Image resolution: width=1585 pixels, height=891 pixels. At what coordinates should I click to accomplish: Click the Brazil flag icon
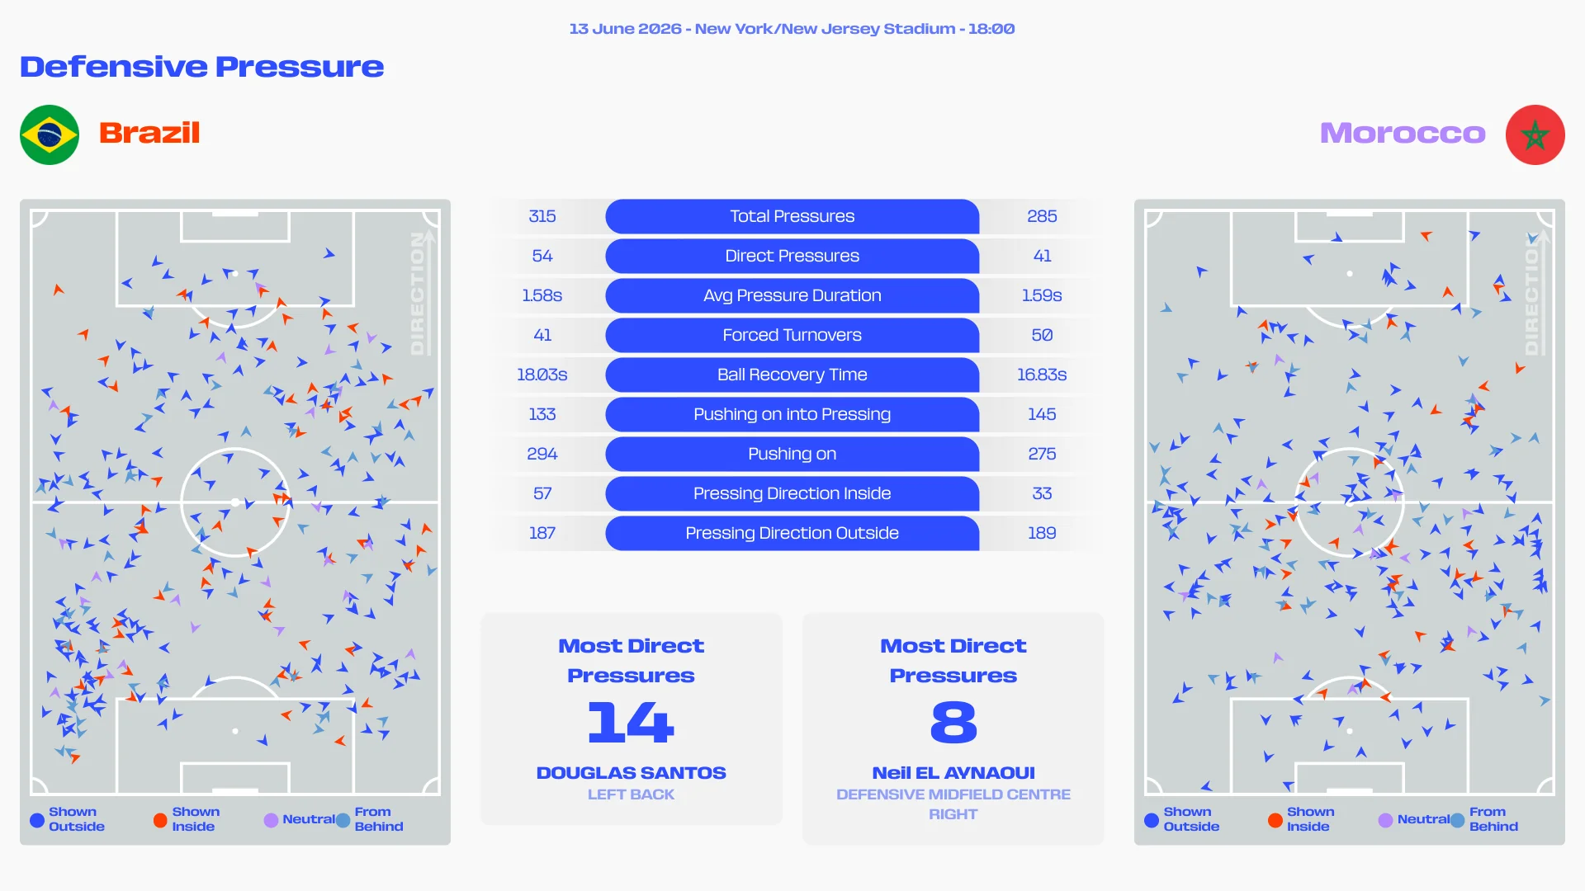(x=50, y=134)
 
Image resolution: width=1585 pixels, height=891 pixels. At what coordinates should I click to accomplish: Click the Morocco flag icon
(x=1535, y=134)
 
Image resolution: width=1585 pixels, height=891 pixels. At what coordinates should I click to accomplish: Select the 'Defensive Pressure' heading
(x=202, y=67)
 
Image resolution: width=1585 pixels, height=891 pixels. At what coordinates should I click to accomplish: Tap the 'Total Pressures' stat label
(x=792, y=216)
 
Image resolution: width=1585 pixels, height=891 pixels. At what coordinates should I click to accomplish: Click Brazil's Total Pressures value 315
(x=542, y=216)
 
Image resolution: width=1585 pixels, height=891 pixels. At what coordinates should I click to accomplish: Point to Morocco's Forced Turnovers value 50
(x=1042, y=335)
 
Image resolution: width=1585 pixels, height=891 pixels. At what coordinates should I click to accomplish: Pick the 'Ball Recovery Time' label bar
(x=792, y=375)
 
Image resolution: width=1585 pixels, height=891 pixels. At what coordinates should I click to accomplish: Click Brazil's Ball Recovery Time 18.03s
(x=542, y=375)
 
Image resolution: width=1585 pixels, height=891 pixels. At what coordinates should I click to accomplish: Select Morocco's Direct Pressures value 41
(x=1042, y=256)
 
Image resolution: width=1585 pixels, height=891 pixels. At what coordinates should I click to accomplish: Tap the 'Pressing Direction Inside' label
(x=792, y=493)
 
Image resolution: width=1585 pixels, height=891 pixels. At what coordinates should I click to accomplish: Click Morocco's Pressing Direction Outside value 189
(x=1042, y=533)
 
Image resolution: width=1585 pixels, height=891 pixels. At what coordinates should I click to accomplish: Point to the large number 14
(x=631, y=722)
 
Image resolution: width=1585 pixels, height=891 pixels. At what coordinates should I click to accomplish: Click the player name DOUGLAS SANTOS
(x=631, y=773)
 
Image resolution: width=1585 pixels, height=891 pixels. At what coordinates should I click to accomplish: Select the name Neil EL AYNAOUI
(x=953, y=773)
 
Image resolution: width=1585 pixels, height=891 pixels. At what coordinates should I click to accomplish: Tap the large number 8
(x=953, y=722)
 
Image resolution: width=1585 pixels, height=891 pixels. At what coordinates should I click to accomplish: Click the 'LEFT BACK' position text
(x=631, y=794)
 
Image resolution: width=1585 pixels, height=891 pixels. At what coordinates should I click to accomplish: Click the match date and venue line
(x=792, y=29)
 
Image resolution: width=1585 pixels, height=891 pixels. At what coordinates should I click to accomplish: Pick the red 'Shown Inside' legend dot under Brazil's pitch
(x=160, y=820)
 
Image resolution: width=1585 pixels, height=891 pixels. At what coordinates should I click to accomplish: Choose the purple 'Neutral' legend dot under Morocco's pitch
(x=1385, y=820)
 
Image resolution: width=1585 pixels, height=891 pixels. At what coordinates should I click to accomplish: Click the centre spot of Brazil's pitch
(x=235, y=502)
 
